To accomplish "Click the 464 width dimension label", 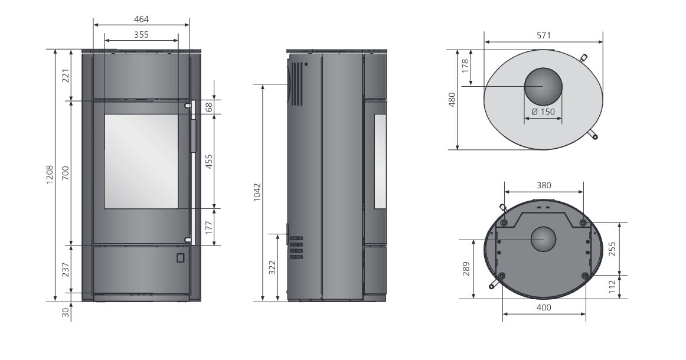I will (141, 19).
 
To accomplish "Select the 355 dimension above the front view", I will (141, 35).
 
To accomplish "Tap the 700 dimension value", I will (66, 173).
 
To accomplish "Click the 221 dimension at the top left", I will (66, 76).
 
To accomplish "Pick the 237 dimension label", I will (66, 269).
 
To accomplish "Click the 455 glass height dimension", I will (208, 162).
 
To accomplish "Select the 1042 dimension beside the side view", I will (256, 192).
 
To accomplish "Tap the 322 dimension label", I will (272, 268).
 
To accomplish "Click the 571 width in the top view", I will (543, 35).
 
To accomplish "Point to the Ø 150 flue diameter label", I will (543, 112).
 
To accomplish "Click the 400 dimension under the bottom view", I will (544, 307).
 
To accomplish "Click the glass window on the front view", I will (141, 161).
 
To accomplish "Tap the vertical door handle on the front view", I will (192, 135).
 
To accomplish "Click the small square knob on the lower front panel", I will (180, 257).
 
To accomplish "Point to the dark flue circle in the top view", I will (543, 86).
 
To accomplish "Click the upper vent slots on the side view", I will (296, 84).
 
